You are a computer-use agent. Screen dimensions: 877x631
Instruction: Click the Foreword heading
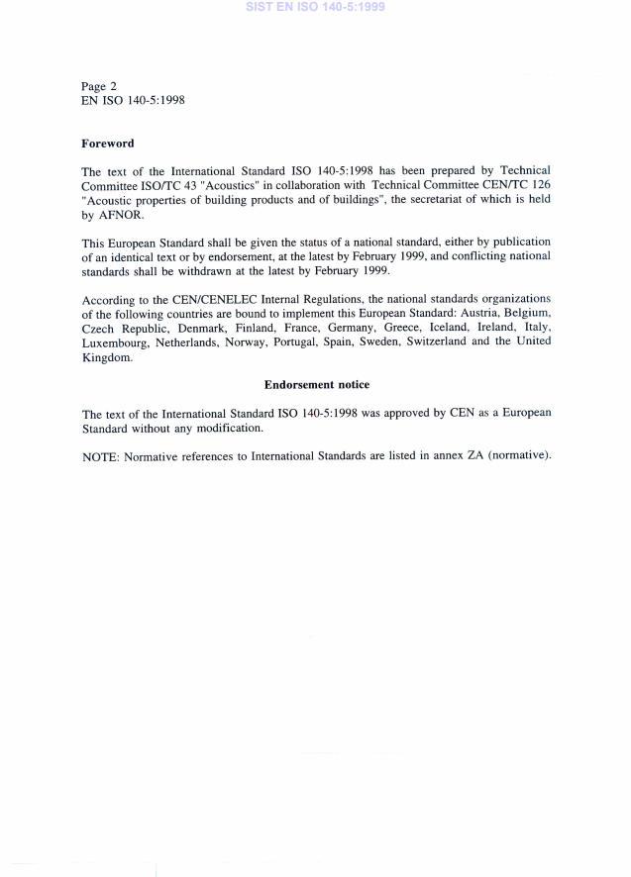pyautogui.click(x=107, y=144)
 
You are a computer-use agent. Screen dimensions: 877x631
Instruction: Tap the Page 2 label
pyautogui.click(x=99, y=86)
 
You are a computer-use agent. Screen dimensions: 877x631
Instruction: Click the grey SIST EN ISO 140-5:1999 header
pyautogui.click(x=315, y=7)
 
